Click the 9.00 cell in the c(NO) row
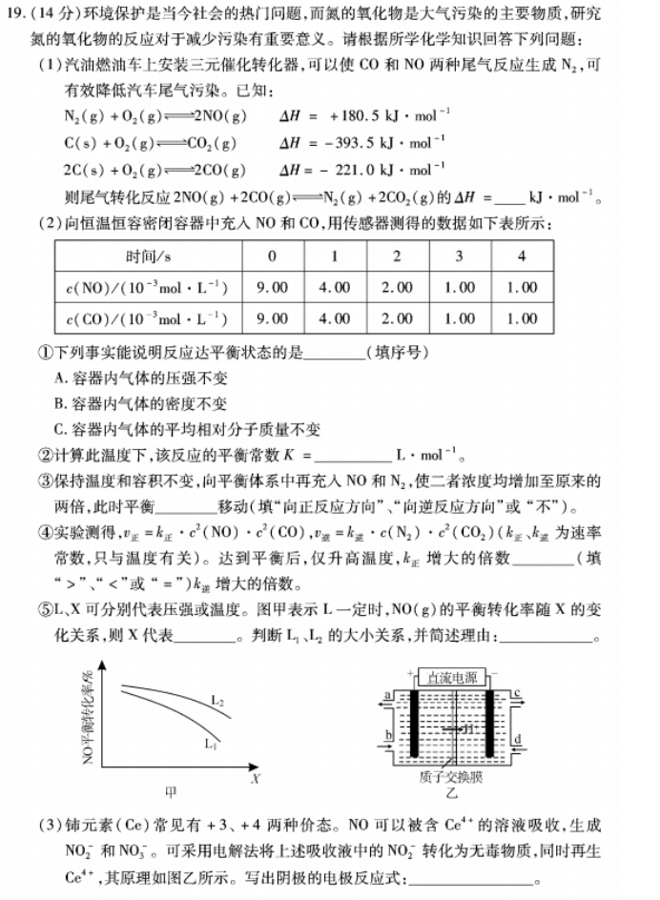[x=273, y=287]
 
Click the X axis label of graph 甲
[x=256, y=778]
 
